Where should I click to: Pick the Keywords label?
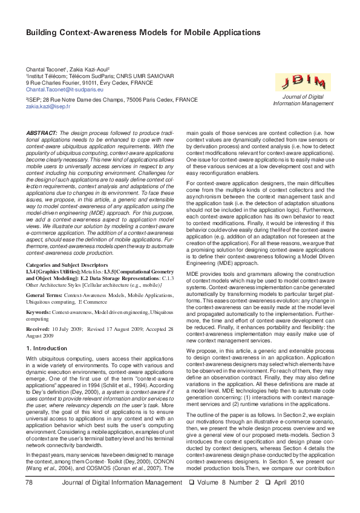[x=38, y=312]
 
